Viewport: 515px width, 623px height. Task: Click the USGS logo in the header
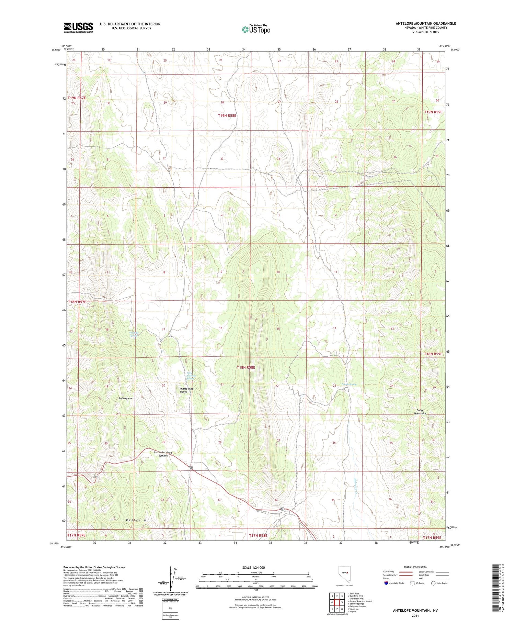click(78, 27)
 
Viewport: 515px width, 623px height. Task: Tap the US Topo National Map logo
click(256, 30)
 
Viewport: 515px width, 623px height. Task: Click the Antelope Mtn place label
click(127, 398)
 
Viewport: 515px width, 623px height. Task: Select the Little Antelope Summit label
click(163, 454)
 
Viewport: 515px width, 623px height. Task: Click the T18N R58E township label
click(246, 367)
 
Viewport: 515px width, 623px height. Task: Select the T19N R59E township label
click(433, 112)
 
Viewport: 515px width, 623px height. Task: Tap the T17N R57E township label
click(77, 535)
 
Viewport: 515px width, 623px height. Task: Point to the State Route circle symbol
click(433, 583)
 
